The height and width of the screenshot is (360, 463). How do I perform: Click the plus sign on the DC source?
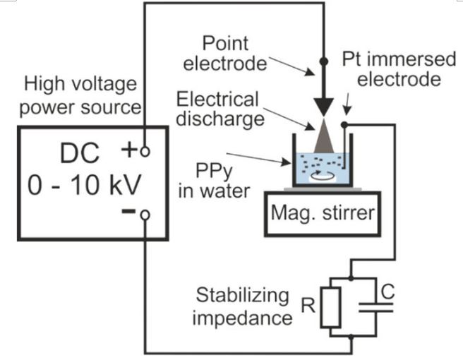pyautogui.click(x=129, y=150)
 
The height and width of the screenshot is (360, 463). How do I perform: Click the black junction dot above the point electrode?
pyautogui.click(x=324, y=62)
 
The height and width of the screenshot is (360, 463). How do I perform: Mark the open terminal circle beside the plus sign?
pyautogui.click(x=145, y=150)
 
